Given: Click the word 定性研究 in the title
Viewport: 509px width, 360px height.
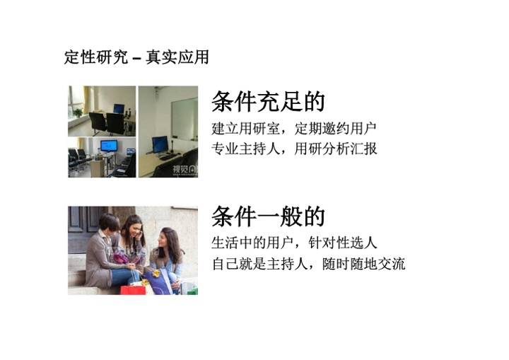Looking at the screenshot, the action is coord(96,57).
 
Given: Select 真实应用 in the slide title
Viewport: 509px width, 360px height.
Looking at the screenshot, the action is coord(177,57).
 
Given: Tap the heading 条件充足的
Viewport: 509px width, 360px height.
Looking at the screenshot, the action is coord(268,101).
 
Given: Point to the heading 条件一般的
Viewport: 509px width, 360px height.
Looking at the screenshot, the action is coord(268,216).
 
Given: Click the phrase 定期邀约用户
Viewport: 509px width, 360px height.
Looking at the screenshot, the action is coord(336,129).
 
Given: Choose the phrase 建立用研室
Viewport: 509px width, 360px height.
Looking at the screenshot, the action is coord(246,129).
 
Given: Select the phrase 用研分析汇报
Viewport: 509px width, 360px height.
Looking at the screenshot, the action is coord(336,149).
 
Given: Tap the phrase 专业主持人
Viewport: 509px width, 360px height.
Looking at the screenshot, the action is coord(246,149).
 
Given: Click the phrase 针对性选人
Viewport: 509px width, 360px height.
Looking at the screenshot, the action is coord(343,243).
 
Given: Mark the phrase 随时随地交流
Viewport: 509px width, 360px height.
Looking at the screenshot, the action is coord(364,264).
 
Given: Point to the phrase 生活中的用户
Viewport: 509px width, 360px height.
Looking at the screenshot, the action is coord(252,243).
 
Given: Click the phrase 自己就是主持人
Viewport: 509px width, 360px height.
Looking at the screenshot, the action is coord(259,264).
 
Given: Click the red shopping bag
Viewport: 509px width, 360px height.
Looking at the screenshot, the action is coord(133,290).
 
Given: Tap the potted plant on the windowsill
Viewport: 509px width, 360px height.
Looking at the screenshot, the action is coord(78,112).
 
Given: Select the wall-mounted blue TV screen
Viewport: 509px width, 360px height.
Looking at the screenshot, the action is coord(109,146).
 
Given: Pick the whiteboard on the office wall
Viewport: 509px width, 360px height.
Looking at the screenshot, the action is coord(185,119).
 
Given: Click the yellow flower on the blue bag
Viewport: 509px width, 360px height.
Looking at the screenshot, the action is coord(156,273).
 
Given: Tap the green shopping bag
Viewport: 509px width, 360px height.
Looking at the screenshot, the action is coord(190,289).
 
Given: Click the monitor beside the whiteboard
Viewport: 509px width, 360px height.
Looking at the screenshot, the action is coord(160,144).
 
